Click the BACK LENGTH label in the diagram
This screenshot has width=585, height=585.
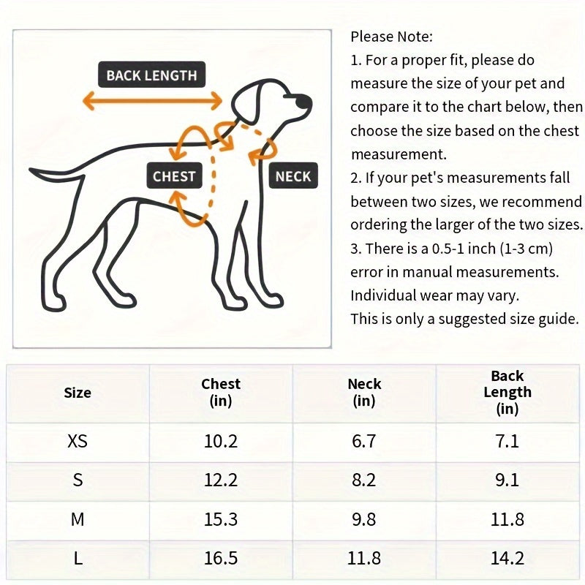[151, 75]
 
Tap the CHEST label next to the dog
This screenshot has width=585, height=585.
[174, 176]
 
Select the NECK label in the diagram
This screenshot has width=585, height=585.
[293, 176]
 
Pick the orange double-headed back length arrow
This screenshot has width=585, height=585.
[152, 100]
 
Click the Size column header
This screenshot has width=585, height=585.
[78, 393]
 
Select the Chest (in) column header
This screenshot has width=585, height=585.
[221, 392]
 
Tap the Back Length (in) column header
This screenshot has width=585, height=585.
[507, 392]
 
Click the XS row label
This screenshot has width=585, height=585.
[78, 442]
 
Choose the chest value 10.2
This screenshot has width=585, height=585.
[221, 442]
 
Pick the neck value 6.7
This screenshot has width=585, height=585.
[364, 442]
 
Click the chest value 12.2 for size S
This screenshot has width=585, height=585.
[221, 480]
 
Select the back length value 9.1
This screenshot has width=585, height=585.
[507, 480]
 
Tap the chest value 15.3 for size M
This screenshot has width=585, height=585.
[221, 520]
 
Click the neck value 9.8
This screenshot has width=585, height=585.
[364, 520]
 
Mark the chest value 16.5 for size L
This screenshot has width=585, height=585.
[221, 559]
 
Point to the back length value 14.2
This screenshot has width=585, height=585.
[507, 559]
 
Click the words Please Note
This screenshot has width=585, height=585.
[391, 36]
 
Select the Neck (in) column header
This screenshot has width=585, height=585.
[364, 392]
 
